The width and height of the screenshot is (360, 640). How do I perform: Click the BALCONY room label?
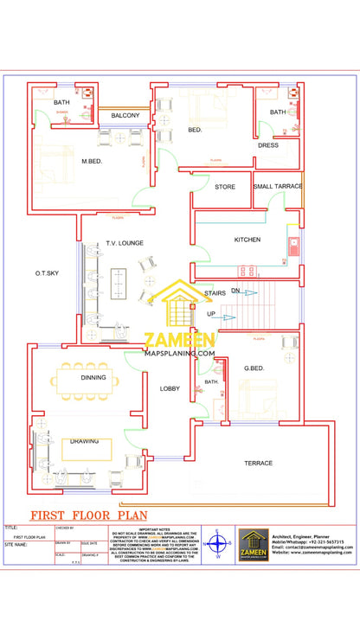pyautogui.click(x=125, y=115)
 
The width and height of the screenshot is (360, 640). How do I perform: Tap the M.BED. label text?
pyautogui.click(x=93, y=161)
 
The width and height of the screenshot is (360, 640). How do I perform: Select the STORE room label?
pyautogui.click(x=225, y=186)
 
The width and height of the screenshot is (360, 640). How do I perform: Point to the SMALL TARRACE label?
pyautogui.click(x=278, y=186)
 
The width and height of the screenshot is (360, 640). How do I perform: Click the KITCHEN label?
pyautogui.click(x=247, y=240)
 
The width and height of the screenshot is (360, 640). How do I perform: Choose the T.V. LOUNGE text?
pyautogui.click(x=125, y=245)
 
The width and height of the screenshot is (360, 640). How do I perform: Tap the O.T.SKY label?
pyautogui.click(x=47, y=273)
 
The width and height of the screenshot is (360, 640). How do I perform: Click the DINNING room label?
pyautogui.click(x=93, y=378)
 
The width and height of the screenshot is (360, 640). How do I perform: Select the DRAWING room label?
pyautogui.click(x=85, y=441)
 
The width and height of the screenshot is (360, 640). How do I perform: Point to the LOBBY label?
pyautogui.click(x=170, y=389)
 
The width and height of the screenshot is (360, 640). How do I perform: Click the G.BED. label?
pyautogui.click(x=254, y=368)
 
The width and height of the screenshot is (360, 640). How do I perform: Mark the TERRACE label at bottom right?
pyautogui.click(x=258, y=463)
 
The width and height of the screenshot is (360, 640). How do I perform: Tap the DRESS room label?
pyautogui.click(x=267, y=145)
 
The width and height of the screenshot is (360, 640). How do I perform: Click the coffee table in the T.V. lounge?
pyautogui.click(x=120, y=279)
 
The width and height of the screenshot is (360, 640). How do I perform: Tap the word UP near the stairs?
pyautogui.click(x=211, y=314)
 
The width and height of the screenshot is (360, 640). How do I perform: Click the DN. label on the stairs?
pyautogui.click(x=235, y=291)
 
